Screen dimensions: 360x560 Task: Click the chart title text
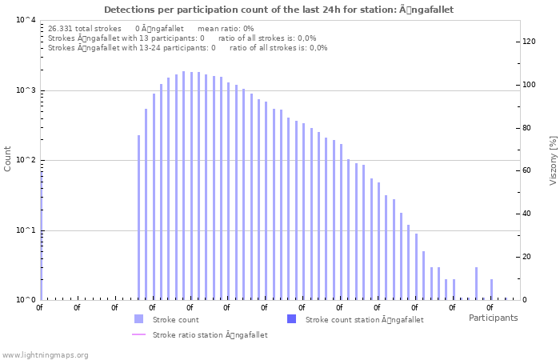(x=279, y=10)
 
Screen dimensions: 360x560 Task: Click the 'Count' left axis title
(x=8, y=158)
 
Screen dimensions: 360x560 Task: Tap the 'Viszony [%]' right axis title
(x=552, y=160)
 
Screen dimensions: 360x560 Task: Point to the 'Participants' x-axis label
(x=493, y=318)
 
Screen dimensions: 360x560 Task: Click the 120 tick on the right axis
(x=528, y=42)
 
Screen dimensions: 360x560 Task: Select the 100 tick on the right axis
(x=528, y=85)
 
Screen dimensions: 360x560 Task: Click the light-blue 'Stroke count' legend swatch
(x=138, y=319)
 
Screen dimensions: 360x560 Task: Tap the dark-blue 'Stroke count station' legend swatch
(x=291, y=319)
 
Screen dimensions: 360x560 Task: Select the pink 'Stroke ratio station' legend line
(x=138, y=334)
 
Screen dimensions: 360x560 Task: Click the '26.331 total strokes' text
(x=84, y=28)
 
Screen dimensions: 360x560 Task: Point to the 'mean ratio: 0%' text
(x=225, y=28)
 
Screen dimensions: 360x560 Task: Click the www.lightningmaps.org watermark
(x=45, y=354)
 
